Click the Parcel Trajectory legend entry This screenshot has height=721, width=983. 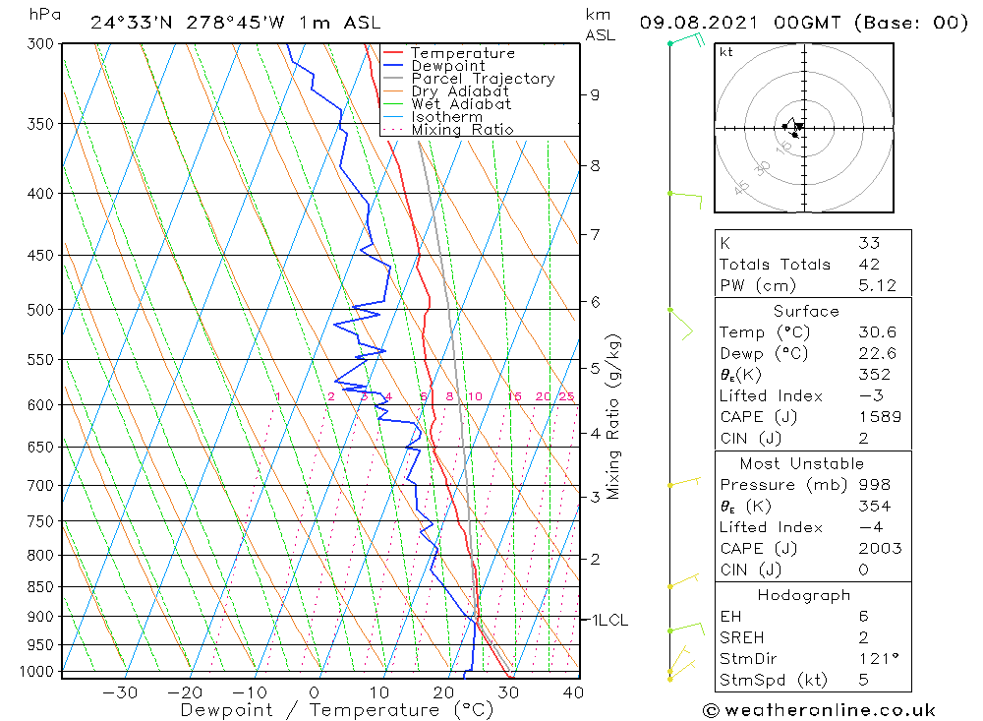coord(482,79)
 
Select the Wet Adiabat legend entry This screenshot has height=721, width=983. coord(460,104)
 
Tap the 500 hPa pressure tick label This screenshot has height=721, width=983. coord(41,310)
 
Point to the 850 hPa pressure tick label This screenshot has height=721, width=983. coord(41,587)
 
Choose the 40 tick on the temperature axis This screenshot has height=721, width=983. coord(572,692)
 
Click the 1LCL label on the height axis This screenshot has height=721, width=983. coord(608,621)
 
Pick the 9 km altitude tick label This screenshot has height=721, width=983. coord(595,95)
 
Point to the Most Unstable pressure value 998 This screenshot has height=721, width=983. coord(874,485)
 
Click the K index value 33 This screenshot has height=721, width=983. coord(868,243)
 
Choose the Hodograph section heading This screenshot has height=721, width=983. coord(802,595)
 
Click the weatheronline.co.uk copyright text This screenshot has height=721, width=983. coord(819,710)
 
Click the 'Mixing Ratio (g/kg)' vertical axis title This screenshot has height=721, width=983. coord(614,416)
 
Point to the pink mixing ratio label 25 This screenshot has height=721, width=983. coord(566,396)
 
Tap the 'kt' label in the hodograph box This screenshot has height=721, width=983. coord(725,52)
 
